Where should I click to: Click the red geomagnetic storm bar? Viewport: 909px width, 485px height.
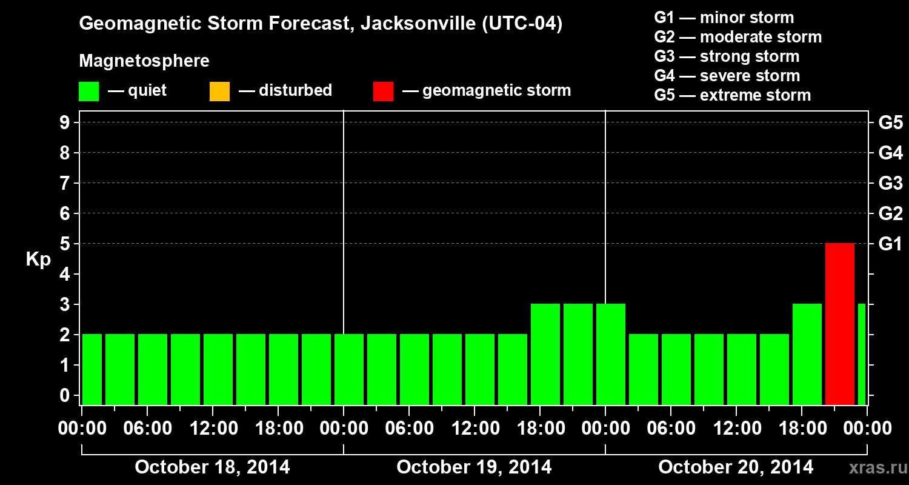[839, 324]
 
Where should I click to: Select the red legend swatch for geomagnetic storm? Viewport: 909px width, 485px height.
[383, 92]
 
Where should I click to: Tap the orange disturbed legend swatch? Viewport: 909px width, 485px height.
[219, 92]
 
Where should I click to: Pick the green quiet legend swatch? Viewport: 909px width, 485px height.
[88, 92]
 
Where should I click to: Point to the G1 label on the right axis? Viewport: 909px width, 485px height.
[890, 244]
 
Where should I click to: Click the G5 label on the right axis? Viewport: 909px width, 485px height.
[890, 122]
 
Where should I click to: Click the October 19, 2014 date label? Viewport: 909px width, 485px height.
[474, 467]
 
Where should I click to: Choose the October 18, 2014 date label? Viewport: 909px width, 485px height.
[212, 467]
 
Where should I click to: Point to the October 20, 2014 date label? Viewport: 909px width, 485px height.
[736, 467]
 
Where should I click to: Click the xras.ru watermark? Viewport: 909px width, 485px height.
[874, 467]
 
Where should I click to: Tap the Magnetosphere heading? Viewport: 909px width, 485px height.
[144, 61]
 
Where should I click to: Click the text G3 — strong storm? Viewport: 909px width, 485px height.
[727, 56]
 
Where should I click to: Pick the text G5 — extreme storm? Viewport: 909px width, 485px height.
[732, 95]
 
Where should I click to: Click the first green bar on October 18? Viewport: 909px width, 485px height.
[92, 369]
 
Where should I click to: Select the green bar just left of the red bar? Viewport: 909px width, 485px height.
[807, 354]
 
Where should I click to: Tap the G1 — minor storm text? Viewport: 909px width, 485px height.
[724, 18]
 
